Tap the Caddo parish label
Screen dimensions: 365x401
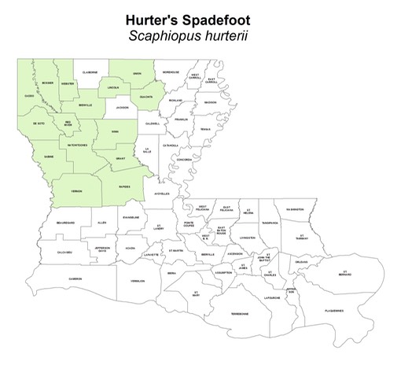[30, 96]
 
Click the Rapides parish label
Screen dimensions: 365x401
[124, 186]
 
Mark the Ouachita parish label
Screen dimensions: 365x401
[146, 98]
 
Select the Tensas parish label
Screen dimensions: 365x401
[206, 128]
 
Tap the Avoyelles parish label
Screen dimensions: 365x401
[161, 193]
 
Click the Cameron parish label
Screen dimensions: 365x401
[75, 278]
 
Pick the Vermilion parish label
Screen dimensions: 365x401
[138, 279]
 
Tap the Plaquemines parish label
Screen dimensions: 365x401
[333, 311]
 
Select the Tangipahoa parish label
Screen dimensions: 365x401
[270, 223]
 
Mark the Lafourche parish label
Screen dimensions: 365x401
[271, 297]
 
